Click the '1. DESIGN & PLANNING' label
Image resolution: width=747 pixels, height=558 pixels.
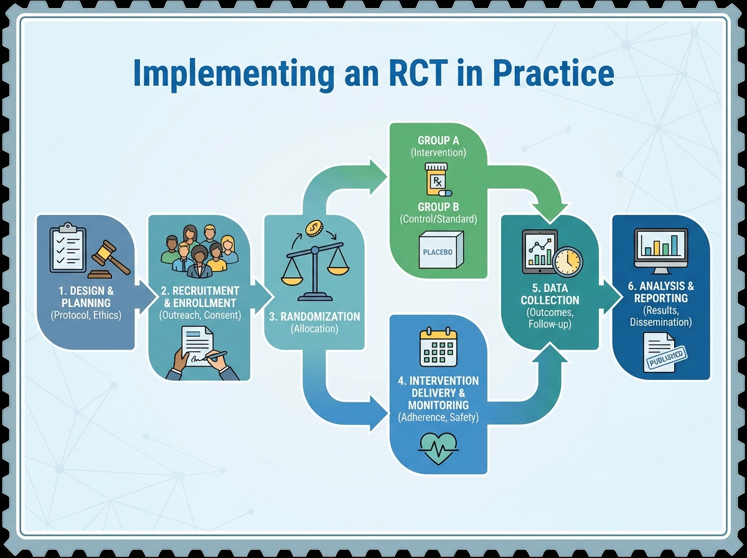point(86,296)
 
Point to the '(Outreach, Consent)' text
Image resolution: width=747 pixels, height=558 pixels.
point(200,315)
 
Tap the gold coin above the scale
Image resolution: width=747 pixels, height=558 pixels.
point(313,228)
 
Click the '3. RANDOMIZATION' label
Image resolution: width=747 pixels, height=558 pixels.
point(314,316)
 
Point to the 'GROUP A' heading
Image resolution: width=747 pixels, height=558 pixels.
point(438,141)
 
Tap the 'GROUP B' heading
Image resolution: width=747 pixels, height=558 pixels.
point(438,207)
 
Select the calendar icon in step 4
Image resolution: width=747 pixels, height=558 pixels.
point(438,348)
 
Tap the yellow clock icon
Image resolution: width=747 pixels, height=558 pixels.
point(567,261)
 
